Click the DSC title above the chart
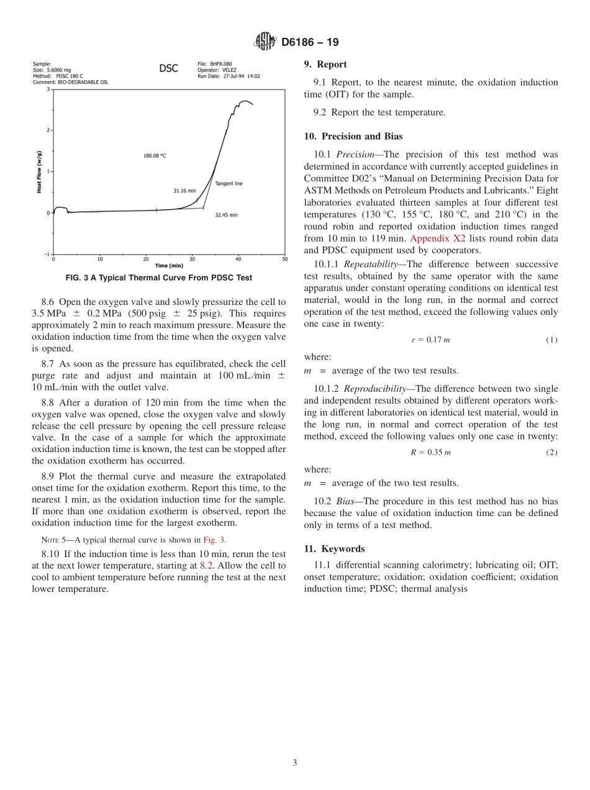168,68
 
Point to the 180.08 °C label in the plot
155,156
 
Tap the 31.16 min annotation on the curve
184,191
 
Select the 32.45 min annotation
226,215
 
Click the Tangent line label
229,183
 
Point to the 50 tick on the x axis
284,259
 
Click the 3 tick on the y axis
48,89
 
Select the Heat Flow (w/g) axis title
39,172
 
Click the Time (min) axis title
169,265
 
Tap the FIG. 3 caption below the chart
159,278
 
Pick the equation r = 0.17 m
430,340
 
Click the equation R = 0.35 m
430,452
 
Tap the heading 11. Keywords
334,549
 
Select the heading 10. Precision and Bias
353,137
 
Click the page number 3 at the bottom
295,763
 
